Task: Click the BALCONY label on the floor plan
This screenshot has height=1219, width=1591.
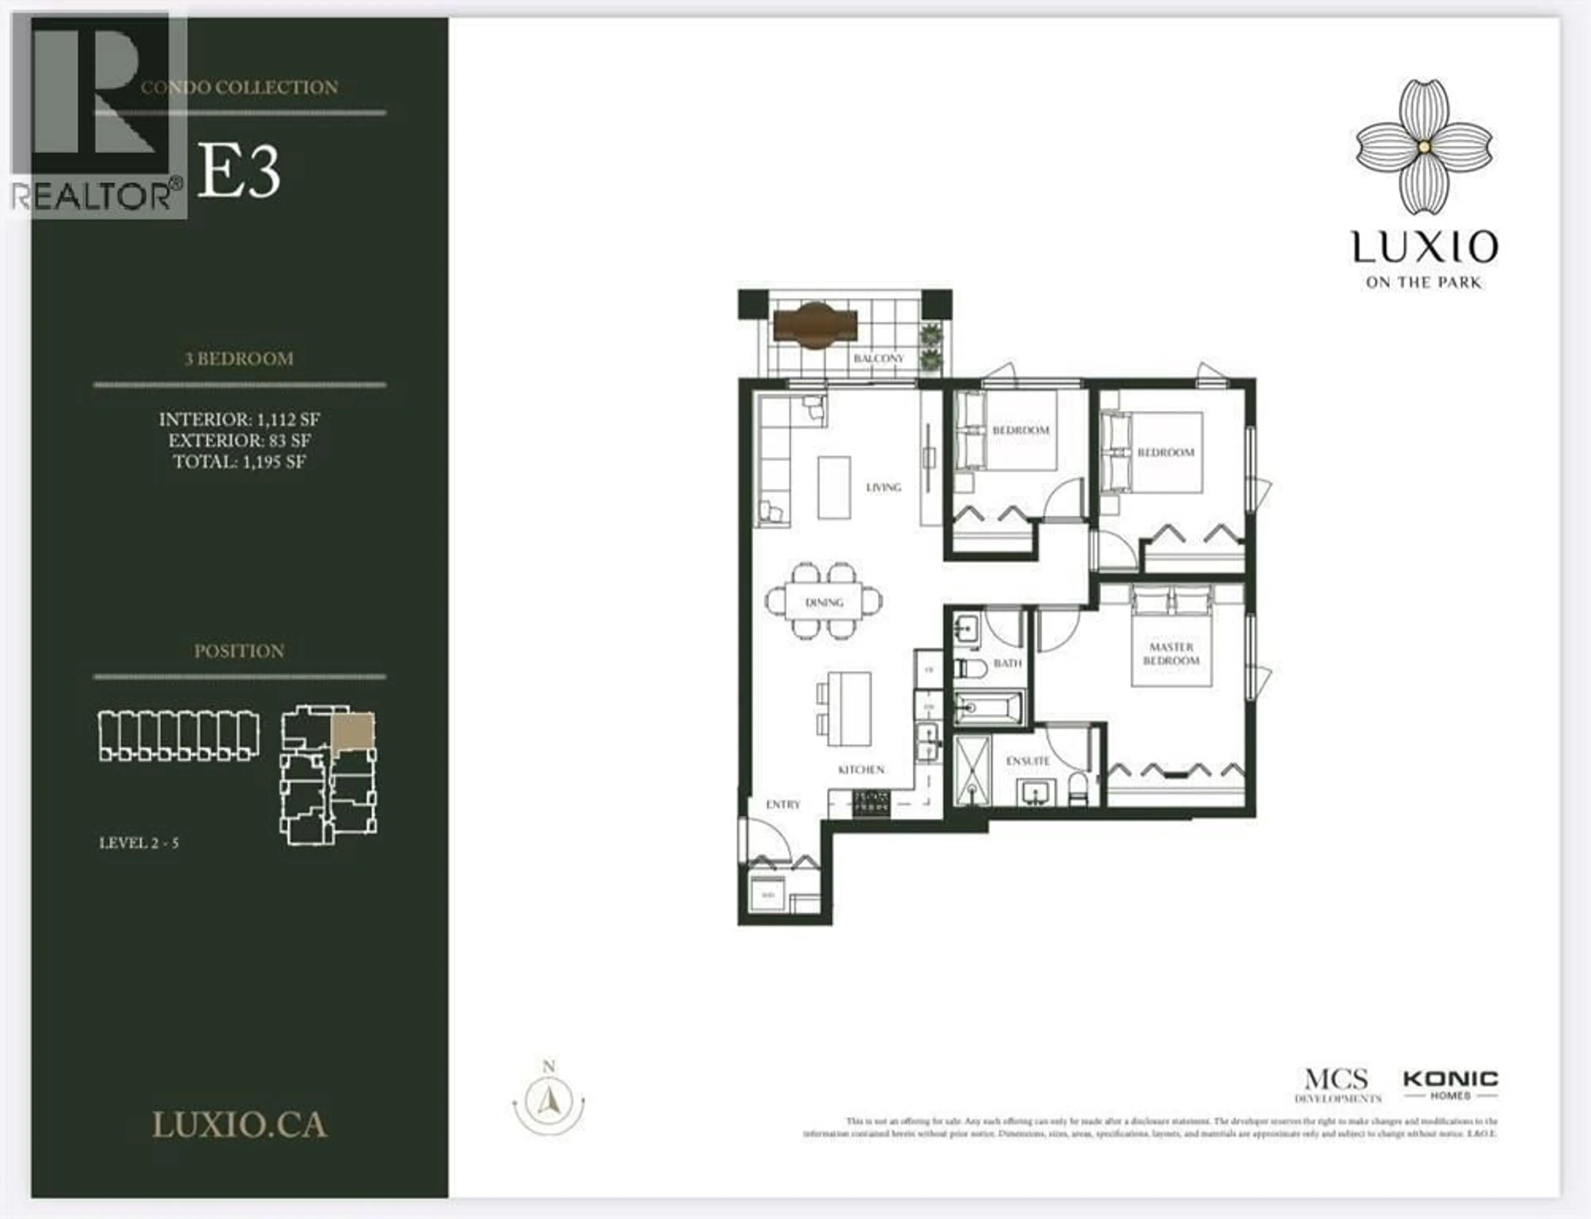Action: coord(878,358)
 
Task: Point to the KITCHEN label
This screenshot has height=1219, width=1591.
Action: coord(861,769)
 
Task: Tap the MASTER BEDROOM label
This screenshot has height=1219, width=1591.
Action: coord(1171,654)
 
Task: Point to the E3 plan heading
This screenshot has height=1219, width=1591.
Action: coord(239,171)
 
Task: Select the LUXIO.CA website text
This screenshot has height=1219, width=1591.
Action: coord(239,1125)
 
